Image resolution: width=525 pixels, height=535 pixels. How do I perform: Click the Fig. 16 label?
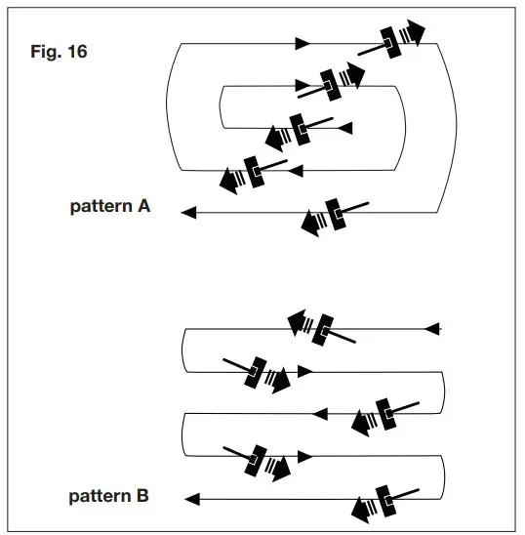60,52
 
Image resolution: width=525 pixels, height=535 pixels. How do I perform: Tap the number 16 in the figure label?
76,52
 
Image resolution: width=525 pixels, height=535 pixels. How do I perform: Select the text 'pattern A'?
109,207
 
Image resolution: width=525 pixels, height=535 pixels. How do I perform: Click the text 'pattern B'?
108,497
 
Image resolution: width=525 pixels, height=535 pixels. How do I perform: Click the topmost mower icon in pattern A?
395,39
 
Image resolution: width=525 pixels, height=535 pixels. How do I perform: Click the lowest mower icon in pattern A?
332,215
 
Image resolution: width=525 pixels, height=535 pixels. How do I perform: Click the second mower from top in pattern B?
260,373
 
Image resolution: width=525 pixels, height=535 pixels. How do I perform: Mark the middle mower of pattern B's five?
383,414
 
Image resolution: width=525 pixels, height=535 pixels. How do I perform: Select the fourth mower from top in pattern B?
260,459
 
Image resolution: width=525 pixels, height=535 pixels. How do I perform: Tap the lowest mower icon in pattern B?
383,502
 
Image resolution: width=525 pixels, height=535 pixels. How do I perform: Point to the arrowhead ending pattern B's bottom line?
191,499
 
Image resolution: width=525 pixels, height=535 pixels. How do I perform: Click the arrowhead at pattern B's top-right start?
434,328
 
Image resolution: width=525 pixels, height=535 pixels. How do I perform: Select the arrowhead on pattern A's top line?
303,43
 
